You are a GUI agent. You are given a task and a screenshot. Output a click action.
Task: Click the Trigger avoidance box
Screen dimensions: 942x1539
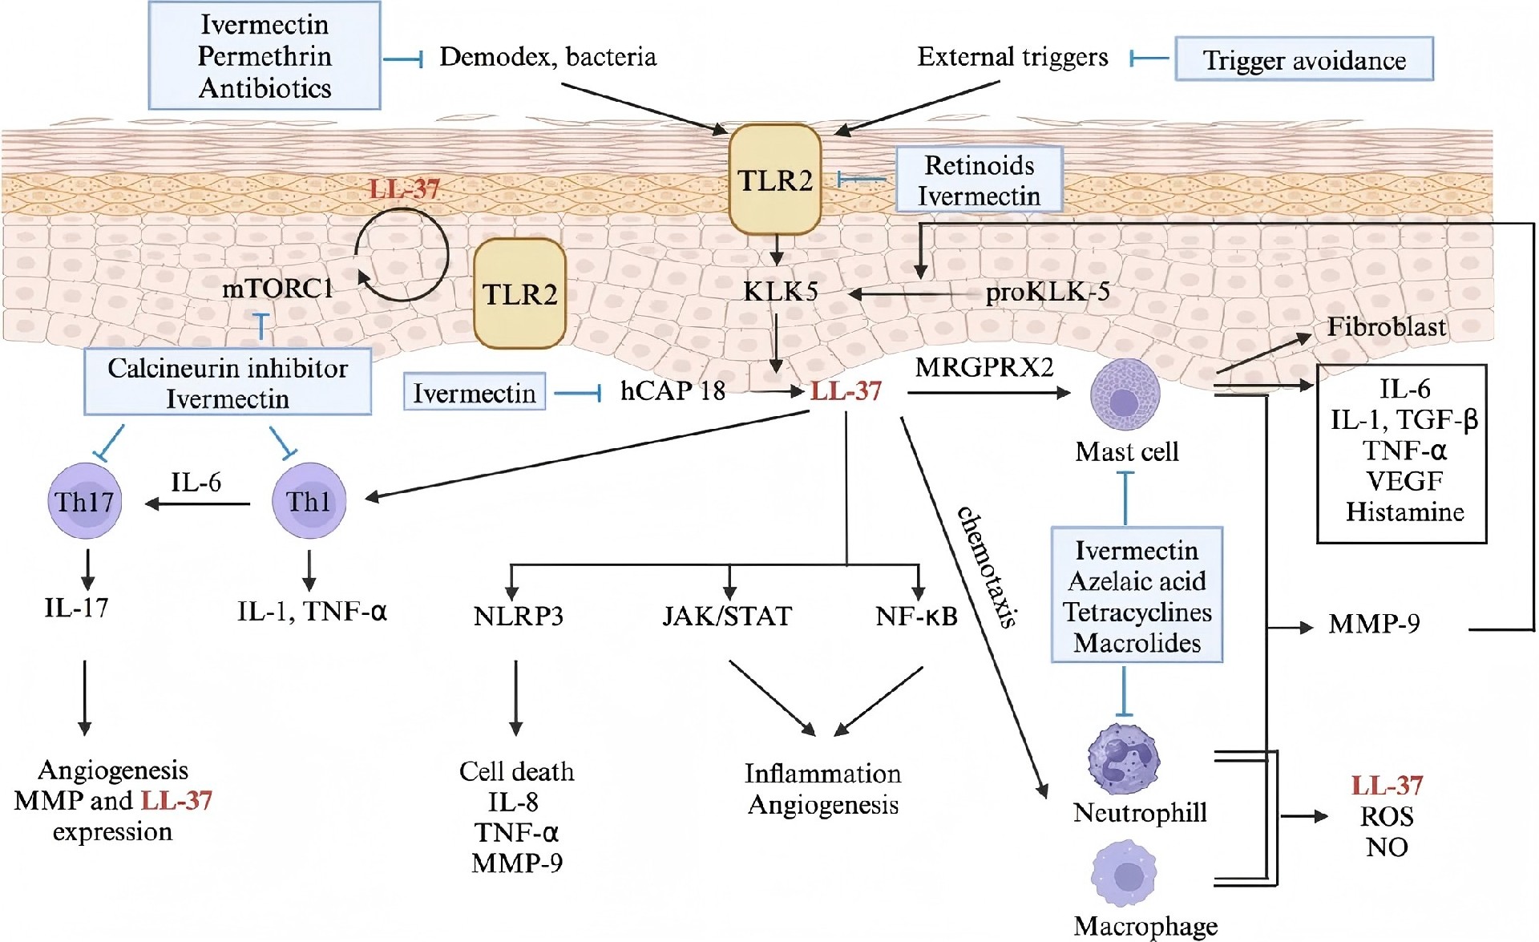pos(1303,59)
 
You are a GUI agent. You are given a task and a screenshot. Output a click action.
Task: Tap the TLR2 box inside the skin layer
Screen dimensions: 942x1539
pos(519,294)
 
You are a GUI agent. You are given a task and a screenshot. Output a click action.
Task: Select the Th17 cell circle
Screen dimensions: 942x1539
pos(85,502)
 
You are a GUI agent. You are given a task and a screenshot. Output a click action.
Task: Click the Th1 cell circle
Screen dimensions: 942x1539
pos(309,502)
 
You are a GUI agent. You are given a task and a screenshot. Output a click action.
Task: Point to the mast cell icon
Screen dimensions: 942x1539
pos(1125,394)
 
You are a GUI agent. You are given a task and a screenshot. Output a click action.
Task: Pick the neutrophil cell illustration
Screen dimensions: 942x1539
pos(1124,758)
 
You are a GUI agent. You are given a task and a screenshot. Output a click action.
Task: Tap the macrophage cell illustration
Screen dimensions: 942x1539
pos(1125,874)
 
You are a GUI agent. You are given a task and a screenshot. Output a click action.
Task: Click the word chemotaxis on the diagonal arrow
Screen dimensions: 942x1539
pos(988,567)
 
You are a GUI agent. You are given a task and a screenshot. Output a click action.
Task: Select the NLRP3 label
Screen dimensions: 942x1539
pos(518,616)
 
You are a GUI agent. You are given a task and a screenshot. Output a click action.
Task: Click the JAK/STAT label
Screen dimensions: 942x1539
pos(727,616)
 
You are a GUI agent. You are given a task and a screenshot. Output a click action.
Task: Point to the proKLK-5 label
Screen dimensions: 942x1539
pos(1048,293)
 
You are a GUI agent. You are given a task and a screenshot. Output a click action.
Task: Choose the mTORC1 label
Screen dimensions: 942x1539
pos(277,289)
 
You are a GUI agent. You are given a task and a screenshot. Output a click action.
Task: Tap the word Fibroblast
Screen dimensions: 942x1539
pos(1386,327)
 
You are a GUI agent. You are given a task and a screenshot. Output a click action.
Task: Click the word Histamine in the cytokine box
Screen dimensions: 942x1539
pos(1404,511)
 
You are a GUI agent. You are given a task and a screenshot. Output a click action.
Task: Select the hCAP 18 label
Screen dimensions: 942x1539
pos(673,391)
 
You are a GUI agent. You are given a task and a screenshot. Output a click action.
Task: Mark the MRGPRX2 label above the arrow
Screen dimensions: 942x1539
pos(984,367)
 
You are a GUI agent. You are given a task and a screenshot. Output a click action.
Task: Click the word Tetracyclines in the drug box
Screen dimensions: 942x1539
pos(1137,612)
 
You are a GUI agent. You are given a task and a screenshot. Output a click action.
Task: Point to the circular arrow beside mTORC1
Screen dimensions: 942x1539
pos(402,255)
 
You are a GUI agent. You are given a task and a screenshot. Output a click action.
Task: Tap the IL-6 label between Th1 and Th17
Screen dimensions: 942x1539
pos(196,482)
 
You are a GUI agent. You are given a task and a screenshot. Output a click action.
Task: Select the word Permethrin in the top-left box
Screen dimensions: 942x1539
pos(265,56)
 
